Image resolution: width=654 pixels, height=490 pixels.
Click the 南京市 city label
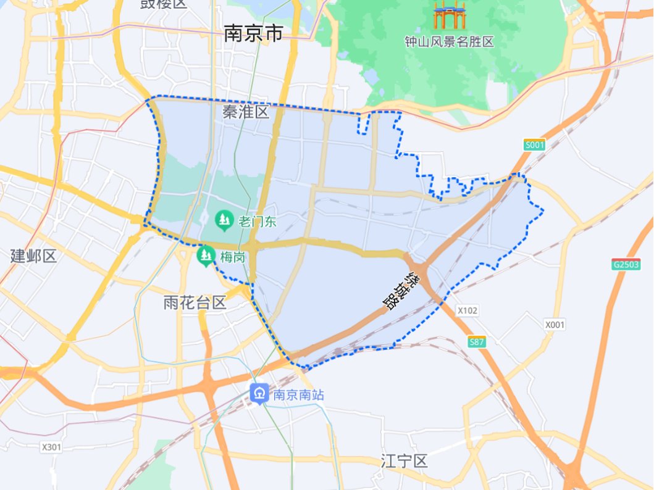[x=253, y=33]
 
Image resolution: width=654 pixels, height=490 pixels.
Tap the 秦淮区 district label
[x=246, y=112]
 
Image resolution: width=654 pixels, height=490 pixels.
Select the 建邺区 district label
[x=33, y=256]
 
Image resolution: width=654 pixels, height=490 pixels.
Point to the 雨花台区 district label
[x=195, y=302]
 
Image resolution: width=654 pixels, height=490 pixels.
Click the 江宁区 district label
[x=405, y=461]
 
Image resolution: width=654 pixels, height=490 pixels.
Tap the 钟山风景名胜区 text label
[x=449, y=42]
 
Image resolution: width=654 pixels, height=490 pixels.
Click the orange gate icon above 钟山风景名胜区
[x=449, y=16]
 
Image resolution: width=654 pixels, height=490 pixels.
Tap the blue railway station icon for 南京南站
[x=259, y=393]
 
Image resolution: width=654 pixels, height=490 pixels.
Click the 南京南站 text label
[x=298, y=394]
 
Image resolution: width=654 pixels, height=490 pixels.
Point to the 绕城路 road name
[x=403, y=289]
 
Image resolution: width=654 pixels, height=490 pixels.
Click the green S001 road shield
[x=535, y=145]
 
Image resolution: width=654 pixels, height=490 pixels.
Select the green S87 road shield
[x=477, y=342]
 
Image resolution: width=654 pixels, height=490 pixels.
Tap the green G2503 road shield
[x=626, y=264]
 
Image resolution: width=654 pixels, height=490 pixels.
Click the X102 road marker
[x=467, y=310]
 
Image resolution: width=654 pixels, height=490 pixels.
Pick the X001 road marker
[x=555, y=324]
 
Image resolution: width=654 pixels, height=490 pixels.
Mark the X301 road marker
[x=52, y=446]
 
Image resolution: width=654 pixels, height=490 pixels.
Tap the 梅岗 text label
[x=231, y=257]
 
